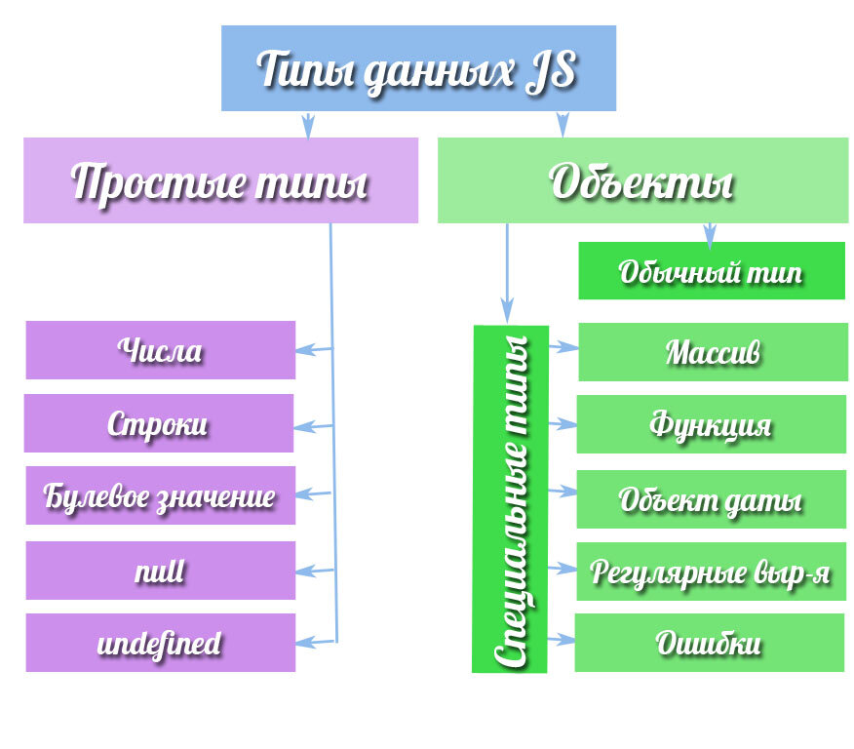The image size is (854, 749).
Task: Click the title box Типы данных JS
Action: point(418,68)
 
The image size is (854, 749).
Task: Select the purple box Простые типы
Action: point(220,180)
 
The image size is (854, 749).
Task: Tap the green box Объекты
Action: point(642,180)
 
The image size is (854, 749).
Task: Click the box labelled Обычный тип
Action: point(712,271)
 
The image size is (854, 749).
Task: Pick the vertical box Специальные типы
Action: point(510,499)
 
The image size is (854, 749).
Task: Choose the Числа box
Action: point(161,350)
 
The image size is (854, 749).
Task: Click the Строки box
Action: point(159,423)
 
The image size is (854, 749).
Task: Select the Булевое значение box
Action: point(161,495)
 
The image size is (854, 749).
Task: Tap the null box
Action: point(161,571)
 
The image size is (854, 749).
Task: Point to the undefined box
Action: point(161,643)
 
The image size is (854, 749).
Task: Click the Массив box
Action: point(713,352)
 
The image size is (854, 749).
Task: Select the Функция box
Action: point(712,424)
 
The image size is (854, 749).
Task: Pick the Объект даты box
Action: point(712,499)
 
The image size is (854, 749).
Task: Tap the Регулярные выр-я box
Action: point(712,572)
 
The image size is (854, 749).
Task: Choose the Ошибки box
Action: point(710,643)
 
